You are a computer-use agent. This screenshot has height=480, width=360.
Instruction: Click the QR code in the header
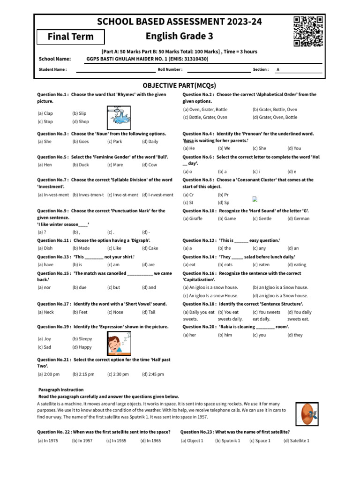308,31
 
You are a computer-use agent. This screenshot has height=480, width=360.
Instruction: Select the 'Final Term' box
71,37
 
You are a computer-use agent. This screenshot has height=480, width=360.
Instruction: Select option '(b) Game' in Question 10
227,218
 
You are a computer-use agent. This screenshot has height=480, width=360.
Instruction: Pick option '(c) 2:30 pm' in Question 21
117,375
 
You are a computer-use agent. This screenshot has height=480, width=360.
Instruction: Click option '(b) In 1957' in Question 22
82,441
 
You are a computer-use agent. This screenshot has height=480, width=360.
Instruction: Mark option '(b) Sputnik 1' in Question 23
227,441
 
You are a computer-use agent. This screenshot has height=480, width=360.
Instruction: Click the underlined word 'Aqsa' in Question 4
188,141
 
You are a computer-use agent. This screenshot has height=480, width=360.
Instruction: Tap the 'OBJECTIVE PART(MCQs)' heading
180,85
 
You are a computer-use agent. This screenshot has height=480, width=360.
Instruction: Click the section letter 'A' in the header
278,69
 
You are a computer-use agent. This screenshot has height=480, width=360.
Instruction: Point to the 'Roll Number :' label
170,69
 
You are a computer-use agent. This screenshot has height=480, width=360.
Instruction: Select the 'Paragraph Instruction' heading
60,390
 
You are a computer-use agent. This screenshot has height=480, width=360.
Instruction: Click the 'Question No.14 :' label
199,257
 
